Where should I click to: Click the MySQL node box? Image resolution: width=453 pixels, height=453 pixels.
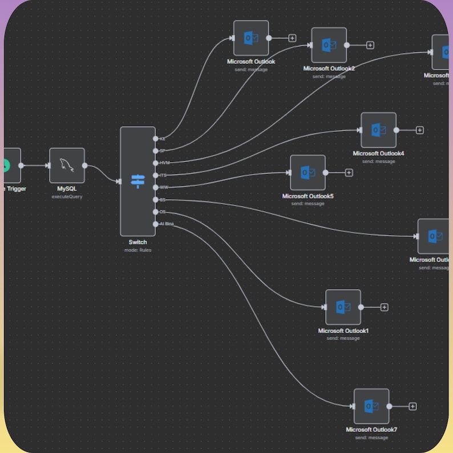click(x=67, y=165)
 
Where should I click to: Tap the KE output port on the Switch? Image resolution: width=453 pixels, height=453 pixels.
click(x=156, y=139)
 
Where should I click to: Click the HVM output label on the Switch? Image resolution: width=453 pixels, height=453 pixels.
click(x=164, y=163)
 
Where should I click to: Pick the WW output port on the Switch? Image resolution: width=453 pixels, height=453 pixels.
click(x=156, y=187)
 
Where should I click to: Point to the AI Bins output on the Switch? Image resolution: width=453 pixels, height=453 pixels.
click(x=156, y=224)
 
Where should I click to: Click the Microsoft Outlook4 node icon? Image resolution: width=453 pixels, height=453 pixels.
click(x=378, y=130)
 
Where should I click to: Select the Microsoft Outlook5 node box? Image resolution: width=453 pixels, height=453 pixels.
click(x=308, y=172)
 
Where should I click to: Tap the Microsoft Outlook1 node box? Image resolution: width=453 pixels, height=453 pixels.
click(x=343, y=307)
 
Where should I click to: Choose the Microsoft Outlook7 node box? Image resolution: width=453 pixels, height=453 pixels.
click(x=371, y=406)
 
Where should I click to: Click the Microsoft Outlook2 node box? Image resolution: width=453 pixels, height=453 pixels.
click(x=329, y=45)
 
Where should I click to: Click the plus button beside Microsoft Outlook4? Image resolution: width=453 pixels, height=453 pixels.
click(x=420, y=130)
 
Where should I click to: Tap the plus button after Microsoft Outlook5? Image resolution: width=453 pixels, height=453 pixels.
click(x=349, y=172)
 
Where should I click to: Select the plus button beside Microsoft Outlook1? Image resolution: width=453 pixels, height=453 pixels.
click(x=385, y=307)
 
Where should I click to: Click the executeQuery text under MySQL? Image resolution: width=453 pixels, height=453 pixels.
click(x=67, y=196)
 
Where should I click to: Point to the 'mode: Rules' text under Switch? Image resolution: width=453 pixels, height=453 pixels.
click(x=137, y=250)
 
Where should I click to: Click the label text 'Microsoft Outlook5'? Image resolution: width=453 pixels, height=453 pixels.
click(x=308, y=196)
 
